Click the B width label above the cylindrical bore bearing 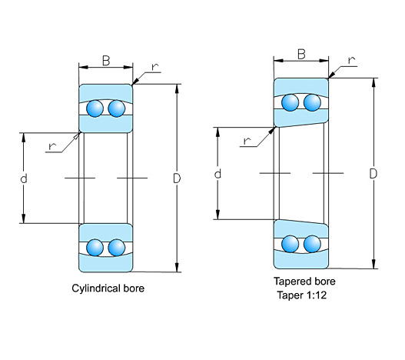(x=106, y=61)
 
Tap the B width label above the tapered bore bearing (x=301, y=55)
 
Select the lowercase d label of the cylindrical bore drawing (x=24, y=178)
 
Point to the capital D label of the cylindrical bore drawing (x=177, y=178)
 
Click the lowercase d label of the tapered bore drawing (x=217, y=174)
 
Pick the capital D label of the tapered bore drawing (x=373, y=174)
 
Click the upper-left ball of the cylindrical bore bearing (x=95, y=108)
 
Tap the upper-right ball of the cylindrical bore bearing (x=117, y=108)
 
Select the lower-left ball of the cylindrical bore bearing (x=95, y=248)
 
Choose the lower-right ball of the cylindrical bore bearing (x=117, y=248)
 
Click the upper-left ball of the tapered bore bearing (x=290, y=102)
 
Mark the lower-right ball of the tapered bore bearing (x=312, y=244)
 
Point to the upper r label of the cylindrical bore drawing (x=154, y=67)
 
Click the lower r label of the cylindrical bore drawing (x=52, y=146)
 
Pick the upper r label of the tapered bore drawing (x=351, y=60)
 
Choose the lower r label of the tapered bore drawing (x=247, y=141)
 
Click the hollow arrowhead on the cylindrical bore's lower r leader (x=77, y=136)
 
